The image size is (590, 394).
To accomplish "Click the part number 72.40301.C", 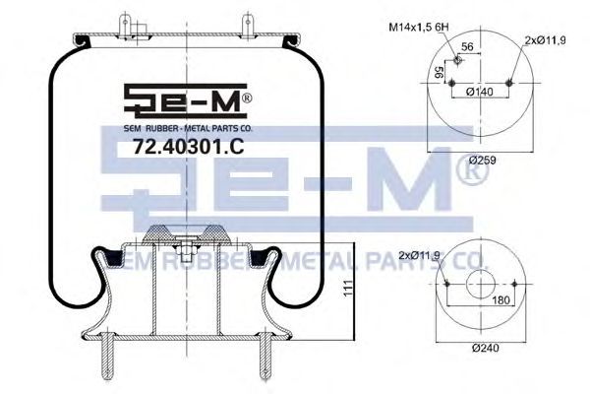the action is click(189, 147).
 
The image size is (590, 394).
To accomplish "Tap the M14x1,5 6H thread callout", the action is click(419, 28).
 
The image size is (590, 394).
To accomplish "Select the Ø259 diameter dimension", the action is click(483, 161).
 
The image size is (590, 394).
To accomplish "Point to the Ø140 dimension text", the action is click(479, 92).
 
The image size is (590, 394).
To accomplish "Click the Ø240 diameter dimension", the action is click(486, 348).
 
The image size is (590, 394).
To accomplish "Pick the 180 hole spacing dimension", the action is click(501, 299).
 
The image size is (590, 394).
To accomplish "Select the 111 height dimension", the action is click(349, 288).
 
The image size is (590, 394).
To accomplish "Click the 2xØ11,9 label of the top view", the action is click(546, 40).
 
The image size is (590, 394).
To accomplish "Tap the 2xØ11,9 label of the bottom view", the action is click(419, 256).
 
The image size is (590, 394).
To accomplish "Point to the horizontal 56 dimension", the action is click(467, 46).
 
